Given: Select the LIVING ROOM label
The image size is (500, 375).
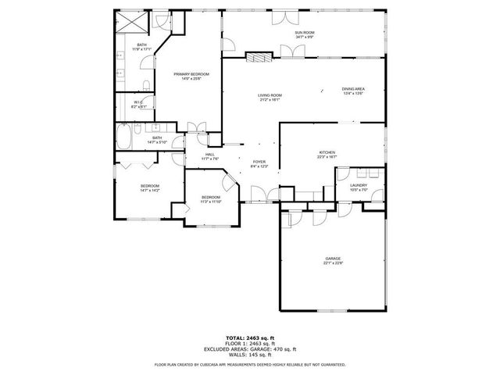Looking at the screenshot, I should click(270, 95).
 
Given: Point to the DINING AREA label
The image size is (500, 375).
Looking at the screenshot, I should click(353, 89).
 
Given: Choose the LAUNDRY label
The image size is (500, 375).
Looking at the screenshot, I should click(359, 185).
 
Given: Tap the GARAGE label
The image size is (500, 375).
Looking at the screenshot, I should click(334, 259).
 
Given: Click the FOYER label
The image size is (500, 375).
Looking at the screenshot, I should click(259, 162).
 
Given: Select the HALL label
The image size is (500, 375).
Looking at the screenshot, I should click(210, 154).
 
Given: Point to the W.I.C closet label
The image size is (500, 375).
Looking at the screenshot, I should click(137, 102).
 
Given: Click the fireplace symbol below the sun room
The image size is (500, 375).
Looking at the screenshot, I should click(257, 55).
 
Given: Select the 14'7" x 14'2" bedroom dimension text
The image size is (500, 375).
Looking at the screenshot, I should click(150, 191).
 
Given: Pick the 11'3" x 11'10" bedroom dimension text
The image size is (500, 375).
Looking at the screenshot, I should click(211, 202).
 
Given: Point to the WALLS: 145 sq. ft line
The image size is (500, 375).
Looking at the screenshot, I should click(249, 355).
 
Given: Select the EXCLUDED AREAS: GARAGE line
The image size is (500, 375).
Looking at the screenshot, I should click(249, 348).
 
